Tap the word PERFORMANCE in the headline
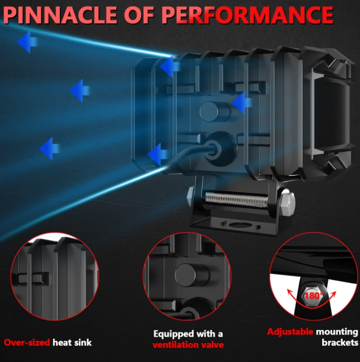247,15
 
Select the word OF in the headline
139,15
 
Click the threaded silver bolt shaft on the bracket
236,200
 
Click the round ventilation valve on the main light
215,112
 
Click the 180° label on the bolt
314,296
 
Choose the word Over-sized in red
27,343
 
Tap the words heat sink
72,343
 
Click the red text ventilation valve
188,345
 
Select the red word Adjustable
290,332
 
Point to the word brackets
340,343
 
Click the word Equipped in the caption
174,334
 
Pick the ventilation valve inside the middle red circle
191,275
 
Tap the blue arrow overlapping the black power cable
158,154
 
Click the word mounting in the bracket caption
337,332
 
